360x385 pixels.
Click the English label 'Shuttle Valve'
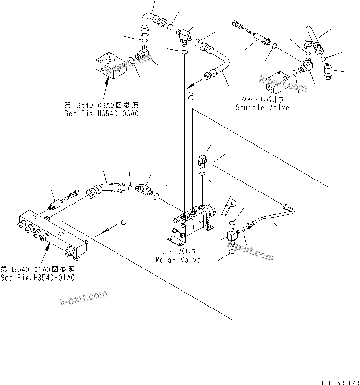[262, 107]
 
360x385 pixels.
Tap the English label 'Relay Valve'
[178, 260]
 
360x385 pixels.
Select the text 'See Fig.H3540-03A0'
[101, 114]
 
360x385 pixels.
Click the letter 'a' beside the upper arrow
[191, 96]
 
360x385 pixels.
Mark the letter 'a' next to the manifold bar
[124, 221]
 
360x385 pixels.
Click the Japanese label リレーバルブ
[178, 252]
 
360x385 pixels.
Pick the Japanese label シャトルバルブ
[262, 100]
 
